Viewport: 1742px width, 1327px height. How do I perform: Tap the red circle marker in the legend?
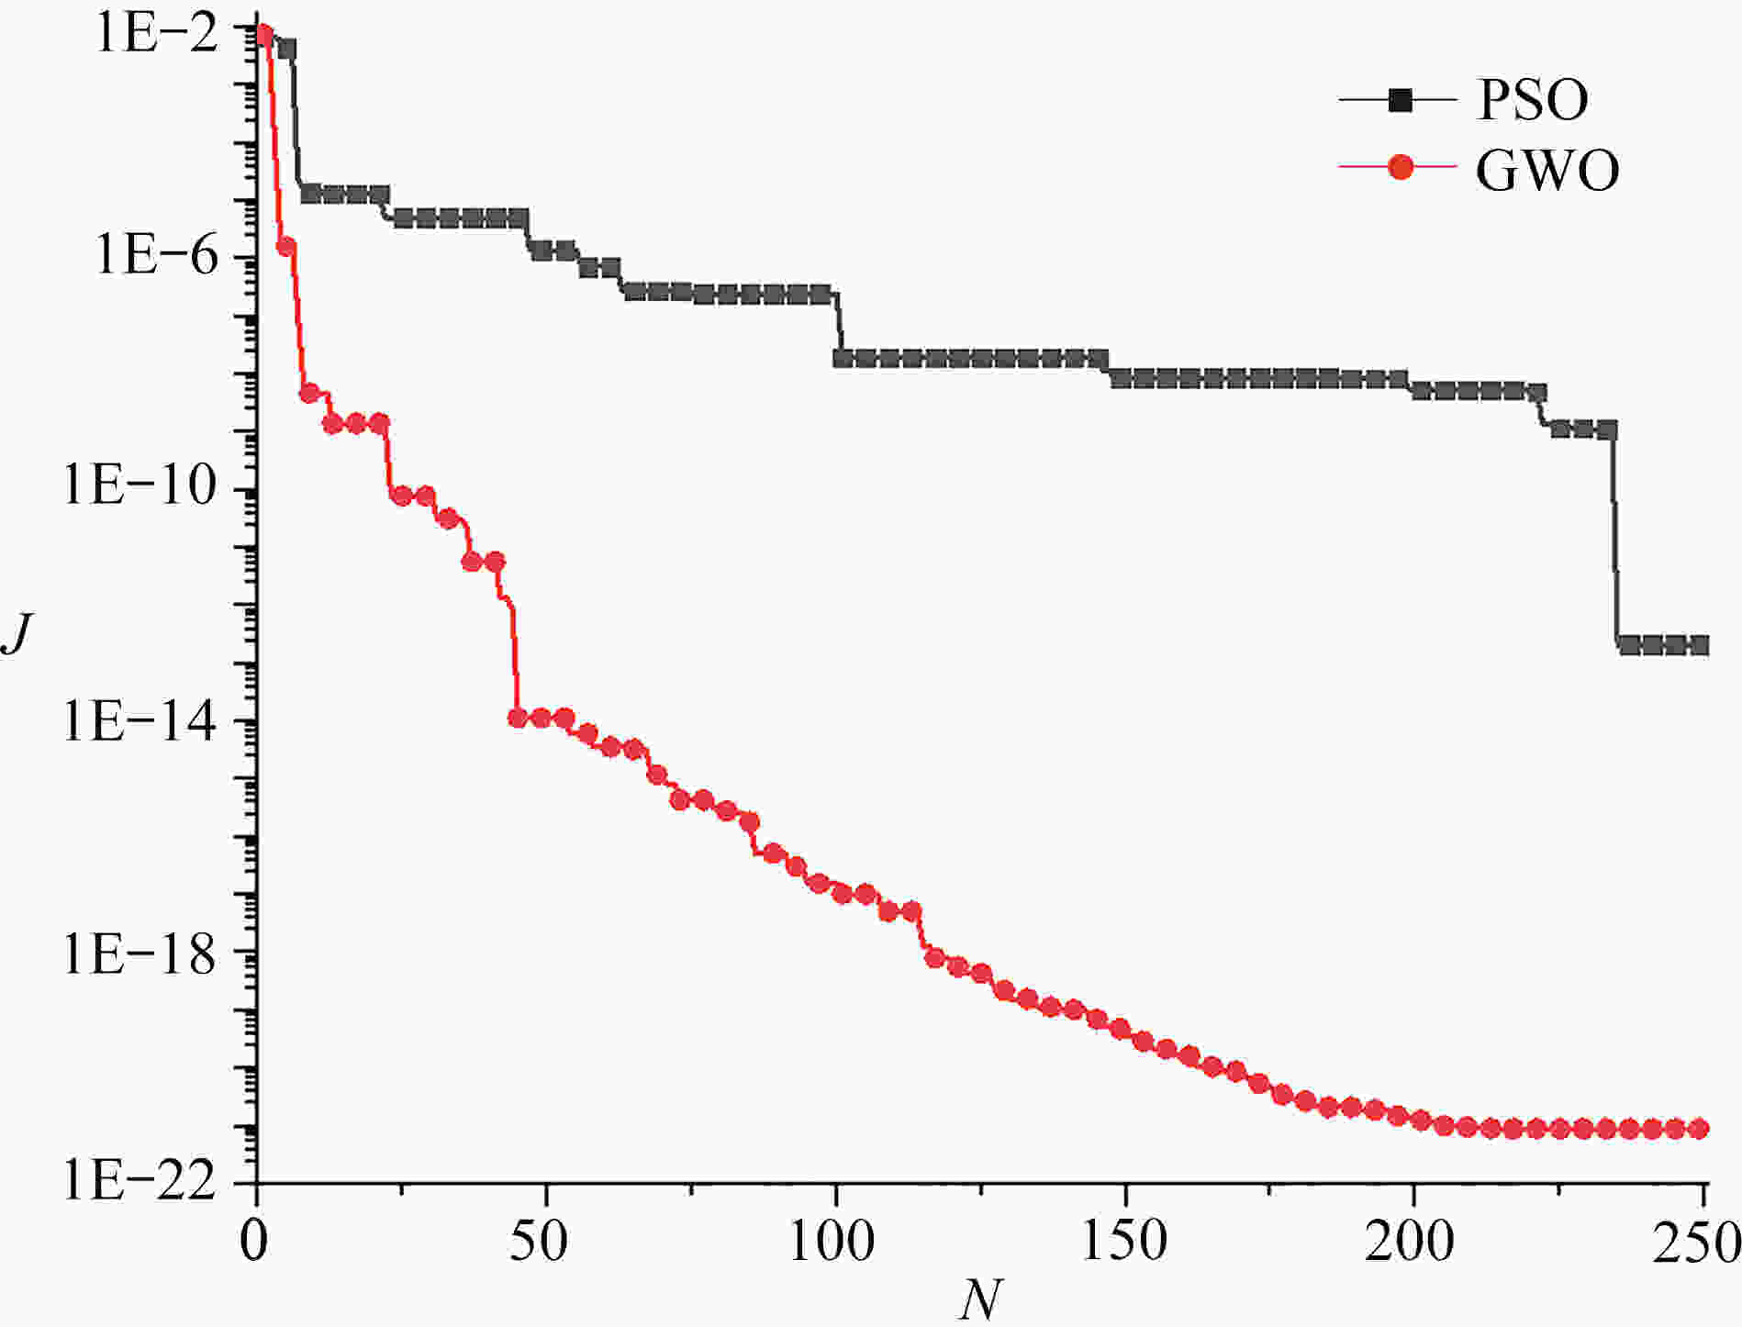coord(1401,168)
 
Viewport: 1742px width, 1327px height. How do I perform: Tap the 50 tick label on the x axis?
coord(545,1241)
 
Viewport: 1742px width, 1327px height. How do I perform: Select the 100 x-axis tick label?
coord(832,1241)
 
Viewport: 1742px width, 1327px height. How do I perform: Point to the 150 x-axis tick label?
coord(1122,1241)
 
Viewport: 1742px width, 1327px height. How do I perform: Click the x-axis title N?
coord(979,1299)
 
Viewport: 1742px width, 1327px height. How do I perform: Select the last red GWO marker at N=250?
coord(1698,1129)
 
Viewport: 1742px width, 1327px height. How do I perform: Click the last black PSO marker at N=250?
coord(1698,645)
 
